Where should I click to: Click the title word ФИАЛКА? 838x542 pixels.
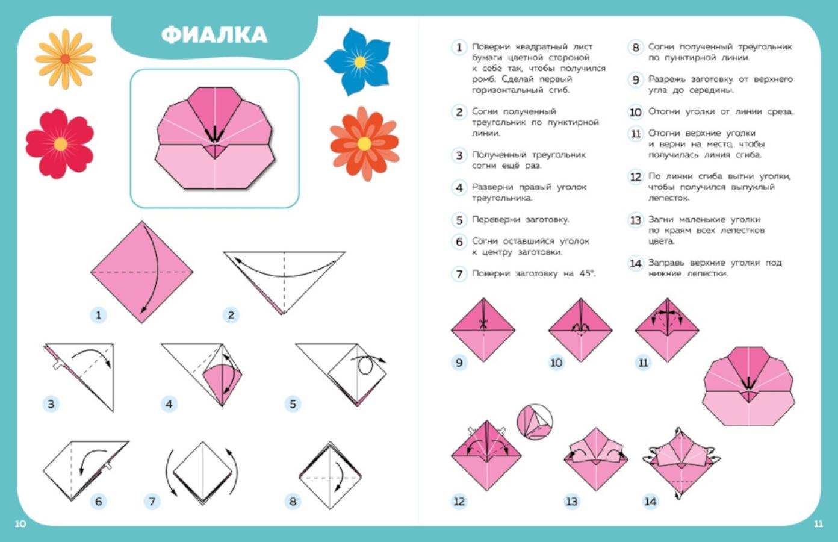point(214,35)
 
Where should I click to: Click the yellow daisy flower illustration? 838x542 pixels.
point(66,59)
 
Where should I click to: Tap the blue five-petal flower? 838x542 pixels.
point(358,61)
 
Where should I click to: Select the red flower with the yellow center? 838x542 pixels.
point(60,144)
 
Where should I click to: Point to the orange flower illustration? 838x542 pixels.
point(364,144)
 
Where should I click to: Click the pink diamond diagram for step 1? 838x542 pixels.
point(142,272)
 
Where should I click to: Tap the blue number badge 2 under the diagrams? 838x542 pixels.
point(231,315)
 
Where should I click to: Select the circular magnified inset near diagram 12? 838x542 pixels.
point(535,422)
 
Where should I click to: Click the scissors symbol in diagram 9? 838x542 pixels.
point(483,323)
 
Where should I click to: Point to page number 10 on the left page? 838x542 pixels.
point(20,524)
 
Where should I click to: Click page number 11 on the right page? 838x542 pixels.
point(819,524)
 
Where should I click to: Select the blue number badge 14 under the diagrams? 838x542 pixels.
point(650,502)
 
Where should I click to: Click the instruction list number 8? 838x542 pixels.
point(635,48)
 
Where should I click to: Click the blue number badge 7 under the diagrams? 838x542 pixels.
point(152,502)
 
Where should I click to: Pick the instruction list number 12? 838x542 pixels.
point(635,176)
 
